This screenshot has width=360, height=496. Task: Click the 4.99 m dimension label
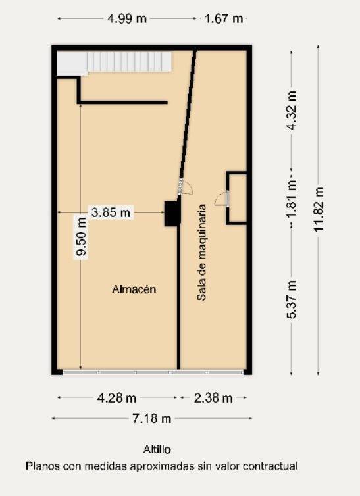pos(127,18)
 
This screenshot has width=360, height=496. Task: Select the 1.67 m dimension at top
pos(224,18)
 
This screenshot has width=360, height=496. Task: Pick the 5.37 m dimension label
pos(292,300)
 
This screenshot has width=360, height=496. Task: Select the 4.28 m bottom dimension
pos(117,398)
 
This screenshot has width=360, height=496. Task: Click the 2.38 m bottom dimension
pos(213,398)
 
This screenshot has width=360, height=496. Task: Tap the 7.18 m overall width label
pos(152,418)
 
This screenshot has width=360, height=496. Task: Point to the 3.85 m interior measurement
pos(111,212)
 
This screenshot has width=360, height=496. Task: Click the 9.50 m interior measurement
pos(81,243)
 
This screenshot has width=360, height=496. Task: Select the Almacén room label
pos(134,289)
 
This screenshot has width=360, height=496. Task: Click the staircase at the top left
pos(129,62)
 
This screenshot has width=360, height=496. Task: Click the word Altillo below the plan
pos(157,450)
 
